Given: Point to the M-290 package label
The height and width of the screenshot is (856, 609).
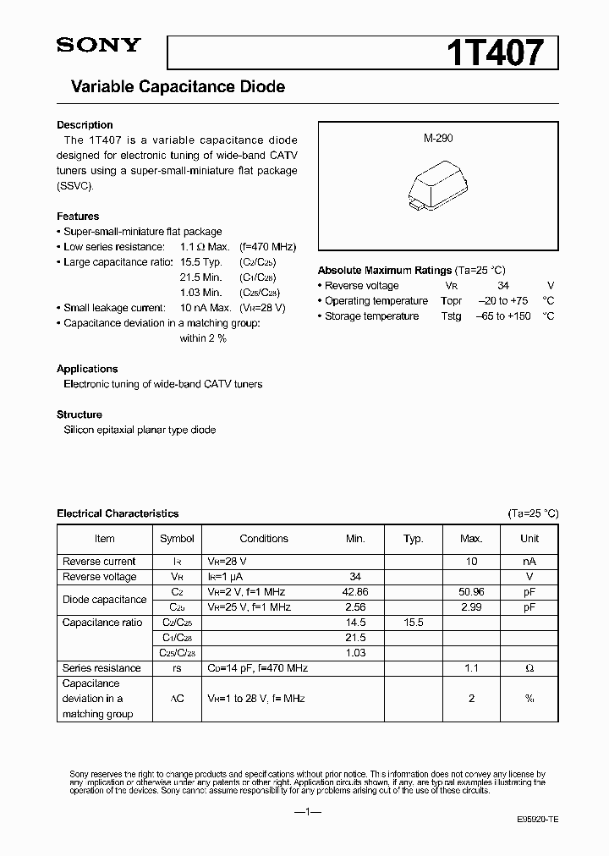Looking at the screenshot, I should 438,138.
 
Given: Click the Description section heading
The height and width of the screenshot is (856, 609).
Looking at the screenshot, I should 85,125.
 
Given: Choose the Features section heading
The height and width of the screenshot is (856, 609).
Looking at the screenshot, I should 78,217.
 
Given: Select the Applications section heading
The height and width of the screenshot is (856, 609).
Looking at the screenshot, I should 87,369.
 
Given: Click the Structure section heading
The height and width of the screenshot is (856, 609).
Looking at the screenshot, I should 80,414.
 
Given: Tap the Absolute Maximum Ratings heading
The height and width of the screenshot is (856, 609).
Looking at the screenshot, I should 384,271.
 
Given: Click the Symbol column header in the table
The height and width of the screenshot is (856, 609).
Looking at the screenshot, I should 177,539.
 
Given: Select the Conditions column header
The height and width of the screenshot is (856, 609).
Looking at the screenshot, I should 264,539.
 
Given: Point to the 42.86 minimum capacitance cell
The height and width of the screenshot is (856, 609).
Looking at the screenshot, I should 355,592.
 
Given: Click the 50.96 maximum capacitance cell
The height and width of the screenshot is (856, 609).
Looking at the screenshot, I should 471,592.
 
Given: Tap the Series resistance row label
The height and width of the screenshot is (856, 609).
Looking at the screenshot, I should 99,668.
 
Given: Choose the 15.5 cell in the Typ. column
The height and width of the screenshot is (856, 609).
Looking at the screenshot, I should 413,623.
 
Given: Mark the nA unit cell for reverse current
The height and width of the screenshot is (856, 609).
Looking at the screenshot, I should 529,562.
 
